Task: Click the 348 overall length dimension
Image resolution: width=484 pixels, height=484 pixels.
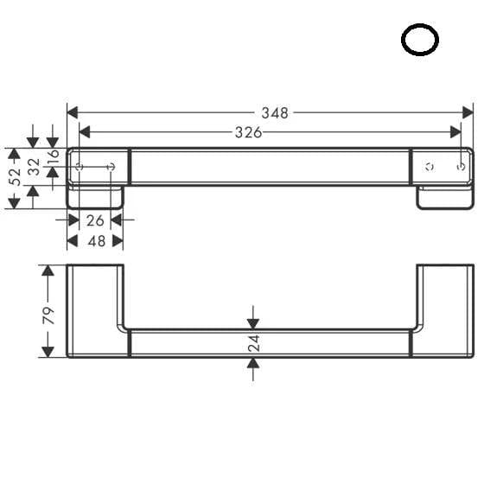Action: click(x=275, y=113)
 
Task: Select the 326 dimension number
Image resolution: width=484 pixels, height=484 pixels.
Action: click(x=249, y=133)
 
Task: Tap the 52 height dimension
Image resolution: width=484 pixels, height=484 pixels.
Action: click(x=15, y=177)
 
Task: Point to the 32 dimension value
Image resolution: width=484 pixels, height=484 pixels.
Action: click(x=34, y=167)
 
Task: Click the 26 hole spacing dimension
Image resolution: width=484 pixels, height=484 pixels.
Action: click(x=95, y=220)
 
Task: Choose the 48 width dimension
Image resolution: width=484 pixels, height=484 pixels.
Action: click(x=97, y=241)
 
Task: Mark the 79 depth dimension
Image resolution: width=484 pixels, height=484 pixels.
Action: click(x=48, y=315)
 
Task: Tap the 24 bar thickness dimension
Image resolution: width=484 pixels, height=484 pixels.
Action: click(x=254, y=343)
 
